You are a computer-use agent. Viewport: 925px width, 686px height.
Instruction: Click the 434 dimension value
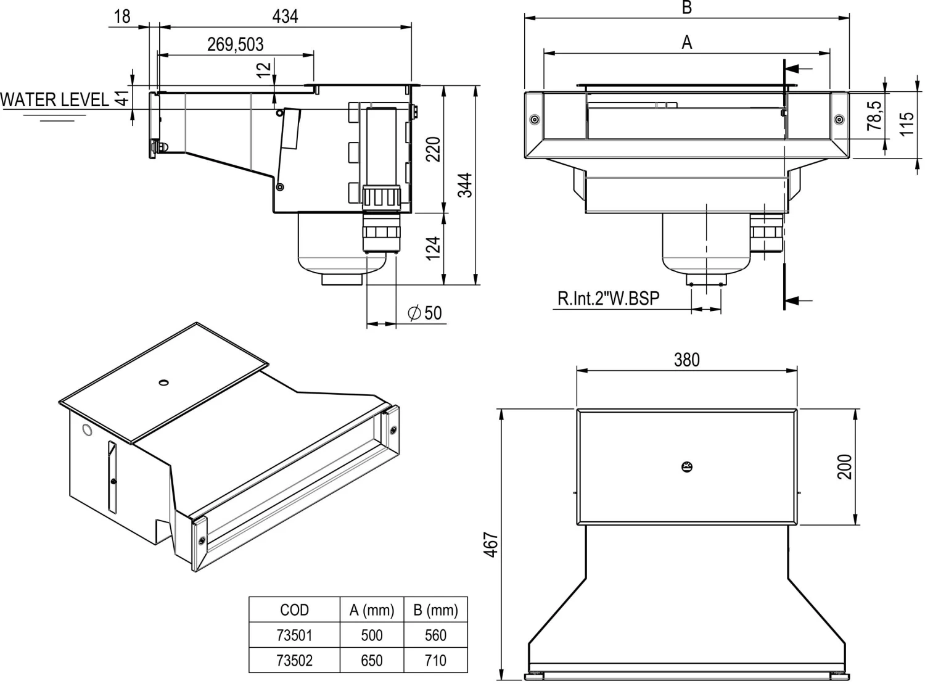coord(285,16)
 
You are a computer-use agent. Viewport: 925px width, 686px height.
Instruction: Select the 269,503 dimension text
coord(235,44)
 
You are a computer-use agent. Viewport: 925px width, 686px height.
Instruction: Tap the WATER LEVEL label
coord(54,99)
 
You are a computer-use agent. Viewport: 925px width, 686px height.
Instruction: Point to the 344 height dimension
coord(466,185)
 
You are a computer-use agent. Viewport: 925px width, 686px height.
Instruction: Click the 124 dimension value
coord(434,247)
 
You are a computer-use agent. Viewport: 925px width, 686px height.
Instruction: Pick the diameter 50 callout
coord(425,313)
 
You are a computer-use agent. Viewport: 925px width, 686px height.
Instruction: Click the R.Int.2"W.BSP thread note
coord(608,299)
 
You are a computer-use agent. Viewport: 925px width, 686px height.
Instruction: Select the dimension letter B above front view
coord(686,7)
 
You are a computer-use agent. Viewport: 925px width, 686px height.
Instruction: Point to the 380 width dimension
coord(686,360)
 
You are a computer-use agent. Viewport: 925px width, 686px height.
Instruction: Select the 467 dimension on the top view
coord(490,544)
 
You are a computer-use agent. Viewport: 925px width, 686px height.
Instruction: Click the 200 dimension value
coord(845,466)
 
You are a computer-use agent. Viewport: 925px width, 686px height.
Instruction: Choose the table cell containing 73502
coord(294,660)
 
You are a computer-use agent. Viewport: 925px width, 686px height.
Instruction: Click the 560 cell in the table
coord(435,635)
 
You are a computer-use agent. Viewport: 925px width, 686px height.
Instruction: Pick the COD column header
coord(294,610)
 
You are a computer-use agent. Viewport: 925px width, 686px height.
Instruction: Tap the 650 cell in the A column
coord(371,660)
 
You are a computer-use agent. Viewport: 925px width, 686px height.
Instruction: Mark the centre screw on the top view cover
coord(686,466)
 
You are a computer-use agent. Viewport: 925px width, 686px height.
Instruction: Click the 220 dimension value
coord(434,149)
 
